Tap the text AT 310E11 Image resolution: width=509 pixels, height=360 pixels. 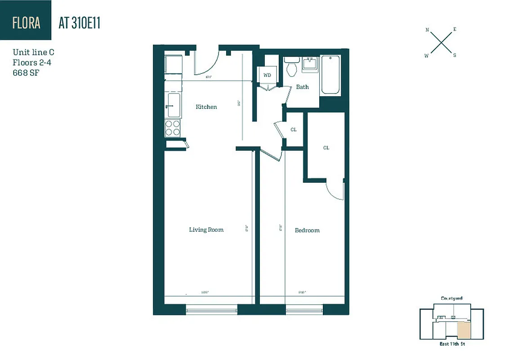[79, 23]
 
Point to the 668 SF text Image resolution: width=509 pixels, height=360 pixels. [26, 73]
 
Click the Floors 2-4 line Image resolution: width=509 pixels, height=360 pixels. [32, 63]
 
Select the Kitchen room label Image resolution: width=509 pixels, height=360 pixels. [206, 107]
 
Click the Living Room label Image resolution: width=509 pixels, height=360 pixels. [206, 229]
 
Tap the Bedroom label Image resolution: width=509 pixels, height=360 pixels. [307, 230]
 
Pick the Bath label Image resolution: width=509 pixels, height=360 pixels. [302, 87]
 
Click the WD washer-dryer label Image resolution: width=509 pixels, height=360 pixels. [267, 75]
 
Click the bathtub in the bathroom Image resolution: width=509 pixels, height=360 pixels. [330, 75]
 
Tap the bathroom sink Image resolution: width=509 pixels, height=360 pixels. [311, 63]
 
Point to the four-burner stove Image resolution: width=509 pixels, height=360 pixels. [173, 128]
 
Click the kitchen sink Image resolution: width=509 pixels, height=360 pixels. [174, 105]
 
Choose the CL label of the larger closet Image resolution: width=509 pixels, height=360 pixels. [326, 148]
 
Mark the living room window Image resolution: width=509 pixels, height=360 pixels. [211, 310]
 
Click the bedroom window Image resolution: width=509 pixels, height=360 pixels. [304, 310]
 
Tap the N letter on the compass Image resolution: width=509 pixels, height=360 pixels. [427, 30]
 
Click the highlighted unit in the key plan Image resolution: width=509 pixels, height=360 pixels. [464, 331]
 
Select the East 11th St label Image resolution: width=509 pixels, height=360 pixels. [451, 344]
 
